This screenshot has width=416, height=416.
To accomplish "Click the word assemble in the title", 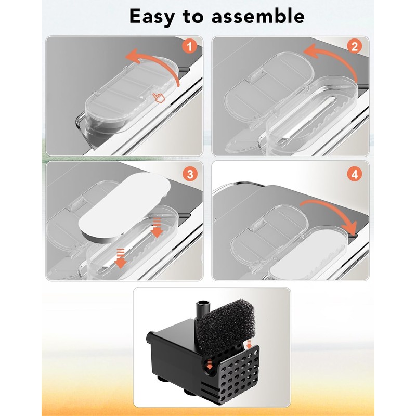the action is coord(258,16).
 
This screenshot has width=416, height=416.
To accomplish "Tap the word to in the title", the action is coord(192,17).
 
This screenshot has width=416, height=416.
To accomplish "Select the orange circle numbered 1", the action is coord(189,47).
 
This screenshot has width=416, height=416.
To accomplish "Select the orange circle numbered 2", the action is coord(355,47).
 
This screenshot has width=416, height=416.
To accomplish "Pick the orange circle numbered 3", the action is coord(190,174).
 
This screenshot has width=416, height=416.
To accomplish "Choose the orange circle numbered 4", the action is coord(355,174).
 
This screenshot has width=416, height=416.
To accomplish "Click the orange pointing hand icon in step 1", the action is coord(159,97).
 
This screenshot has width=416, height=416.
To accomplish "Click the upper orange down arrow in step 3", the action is coord(157,228).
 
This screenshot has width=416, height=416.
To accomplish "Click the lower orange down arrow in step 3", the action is coord(120,258).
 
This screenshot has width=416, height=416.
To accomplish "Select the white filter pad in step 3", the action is coord(124,207).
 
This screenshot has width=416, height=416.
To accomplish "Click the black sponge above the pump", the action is coord(226,323).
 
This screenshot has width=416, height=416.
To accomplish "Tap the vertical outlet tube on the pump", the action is coord(203,310).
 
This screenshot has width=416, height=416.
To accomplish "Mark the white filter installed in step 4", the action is coord(308,255).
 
